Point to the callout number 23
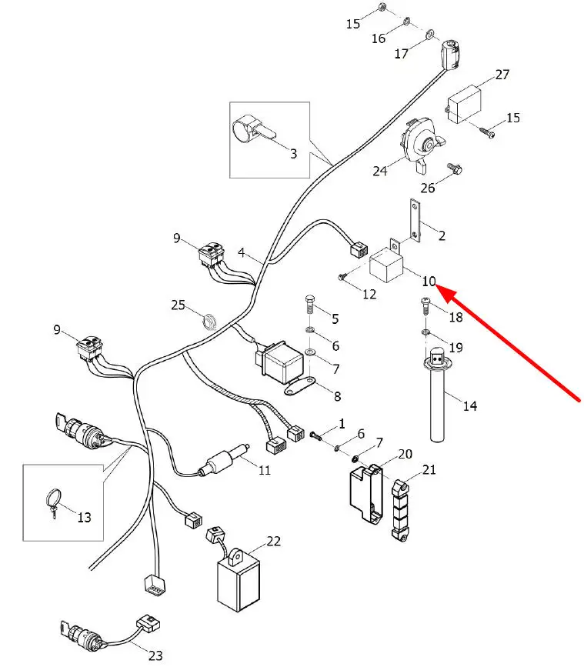tap(155, 655)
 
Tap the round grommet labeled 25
tap(208, 318)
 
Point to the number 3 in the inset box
tap(293, 153)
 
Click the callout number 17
tap(401, 54)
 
